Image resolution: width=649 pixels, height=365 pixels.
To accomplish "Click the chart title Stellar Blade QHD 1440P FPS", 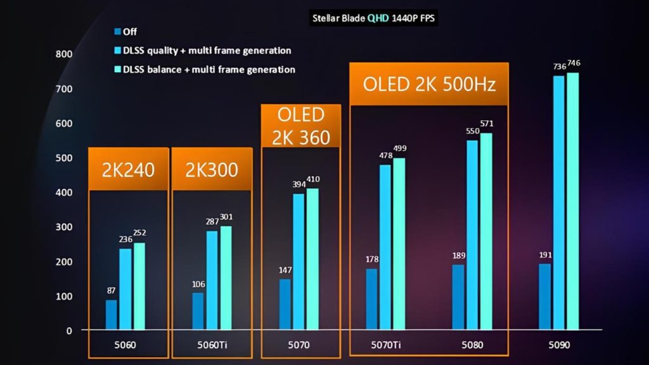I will point(373,18).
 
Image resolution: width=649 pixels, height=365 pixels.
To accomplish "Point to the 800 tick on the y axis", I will point(63,54).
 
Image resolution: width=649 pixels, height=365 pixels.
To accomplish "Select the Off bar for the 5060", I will point(111,314).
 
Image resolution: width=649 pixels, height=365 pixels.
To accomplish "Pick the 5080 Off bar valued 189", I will point(458,297).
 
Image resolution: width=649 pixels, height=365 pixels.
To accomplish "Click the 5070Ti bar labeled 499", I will point(399,244).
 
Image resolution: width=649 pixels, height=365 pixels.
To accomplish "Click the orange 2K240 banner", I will point(129,169).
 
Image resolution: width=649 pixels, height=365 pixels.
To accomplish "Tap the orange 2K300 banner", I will point(212,169).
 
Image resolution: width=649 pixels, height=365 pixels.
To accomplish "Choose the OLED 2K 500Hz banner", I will point(428,84).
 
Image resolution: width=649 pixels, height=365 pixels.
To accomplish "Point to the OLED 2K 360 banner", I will point(301,126).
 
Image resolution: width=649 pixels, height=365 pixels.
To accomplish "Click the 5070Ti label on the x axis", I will point(386,345).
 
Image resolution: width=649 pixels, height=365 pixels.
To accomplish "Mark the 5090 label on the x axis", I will point(560,345).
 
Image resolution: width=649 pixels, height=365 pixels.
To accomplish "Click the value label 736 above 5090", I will point(558,67).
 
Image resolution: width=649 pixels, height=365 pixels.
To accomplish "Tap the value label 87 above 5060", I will point(111,290).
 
